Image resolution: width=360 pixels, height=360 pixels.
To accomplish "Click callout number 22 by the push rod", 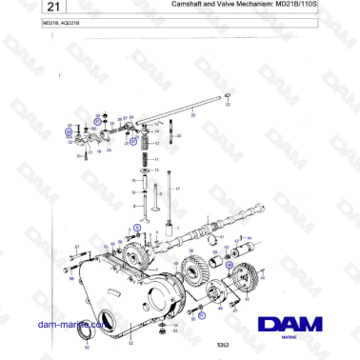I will click(192, 115).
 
